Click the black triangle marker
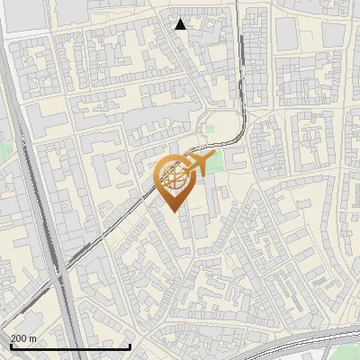181,24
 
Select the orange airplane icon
197,165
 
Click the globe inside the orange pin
174,178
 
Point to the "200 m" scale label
22,338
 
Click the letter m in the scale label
32,338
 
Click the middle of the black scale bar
70,346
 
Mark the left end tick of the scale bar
11,346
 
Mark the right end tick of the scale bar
130,346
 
